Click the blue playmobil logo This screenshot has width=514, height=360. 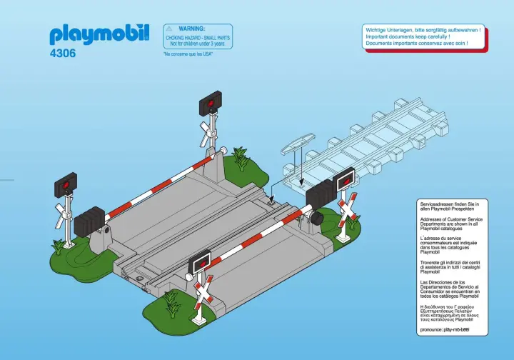pos(99,34)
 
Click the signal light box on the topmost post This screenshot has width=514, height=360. pos(209,104)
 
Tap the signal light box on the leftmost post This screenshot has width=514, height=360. pos(66,186)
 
